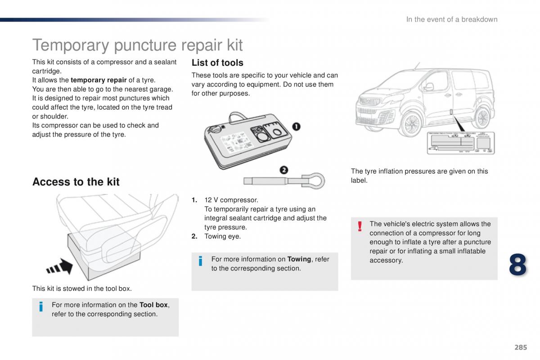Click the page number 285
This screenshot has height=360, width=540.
pos(520,347)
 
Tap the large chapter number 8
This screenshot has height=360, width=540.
pos(517,264)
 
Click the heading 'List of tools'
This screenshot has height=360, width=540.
pos(217,63)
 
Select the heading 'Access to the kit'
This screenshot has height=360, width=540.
pos(76,182)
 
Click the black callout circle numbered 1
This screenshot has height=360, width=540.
pos(296,126)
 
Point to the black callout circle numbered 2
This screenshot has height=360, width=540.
pos(283,170)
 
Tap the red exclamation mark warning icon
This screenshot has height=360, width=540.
pos(360,226)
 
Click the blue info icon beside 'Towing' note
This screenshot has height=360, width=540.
pos(201,261)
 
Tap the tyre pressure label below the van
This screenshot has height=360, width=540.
pos(460,143)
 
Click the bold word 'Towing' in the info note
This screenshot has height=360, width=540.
pos(299,259)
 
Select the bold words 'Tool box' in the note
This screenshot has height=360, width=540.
pos(153,305)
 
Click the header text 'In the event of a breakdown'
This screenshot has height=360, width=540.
pos(451,19)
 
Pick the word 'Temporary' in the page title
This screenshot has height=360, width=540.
pos(71,45)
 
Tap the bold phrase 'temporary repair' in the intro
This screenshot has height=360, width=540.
pos(99,80)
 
